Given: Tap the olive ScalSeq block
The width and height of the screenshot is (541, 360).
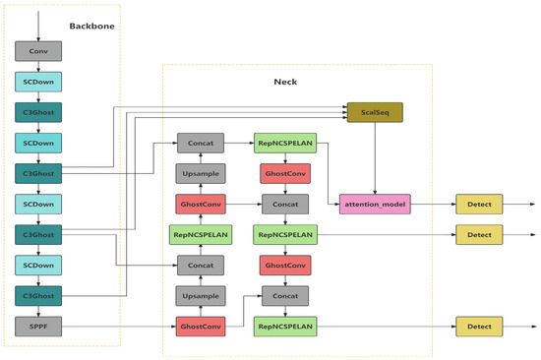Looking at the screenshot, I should [x=374, y=113].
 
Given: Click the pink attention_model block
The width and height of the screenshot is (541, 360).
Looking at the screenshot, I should [x=374, y=205].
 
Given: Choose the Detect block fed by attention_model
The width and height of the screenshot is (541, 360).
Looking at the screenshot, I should [x=479, y=205].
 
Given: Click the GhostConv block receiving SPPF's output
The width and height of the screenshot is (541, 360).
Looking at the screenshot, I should [x=202, y=326].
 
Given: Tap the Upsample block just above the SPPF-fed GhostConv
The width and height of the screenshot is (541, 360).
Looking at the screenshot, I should [x=202, y=295].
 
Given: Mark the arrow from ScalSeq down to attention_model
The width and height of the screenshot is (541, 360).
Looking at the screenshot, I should [x=374, y=157].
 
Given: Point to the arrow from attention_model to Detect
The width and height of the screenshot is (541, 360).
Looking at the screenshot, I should [x=431, y=205].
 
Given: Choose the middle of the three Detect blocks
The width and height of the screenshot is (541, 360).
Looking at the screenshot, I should [x=479, y=235].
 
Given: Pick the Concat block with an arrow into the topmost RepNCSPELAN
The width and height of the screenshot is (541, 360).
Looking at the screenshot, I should [x=202, y=144].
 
